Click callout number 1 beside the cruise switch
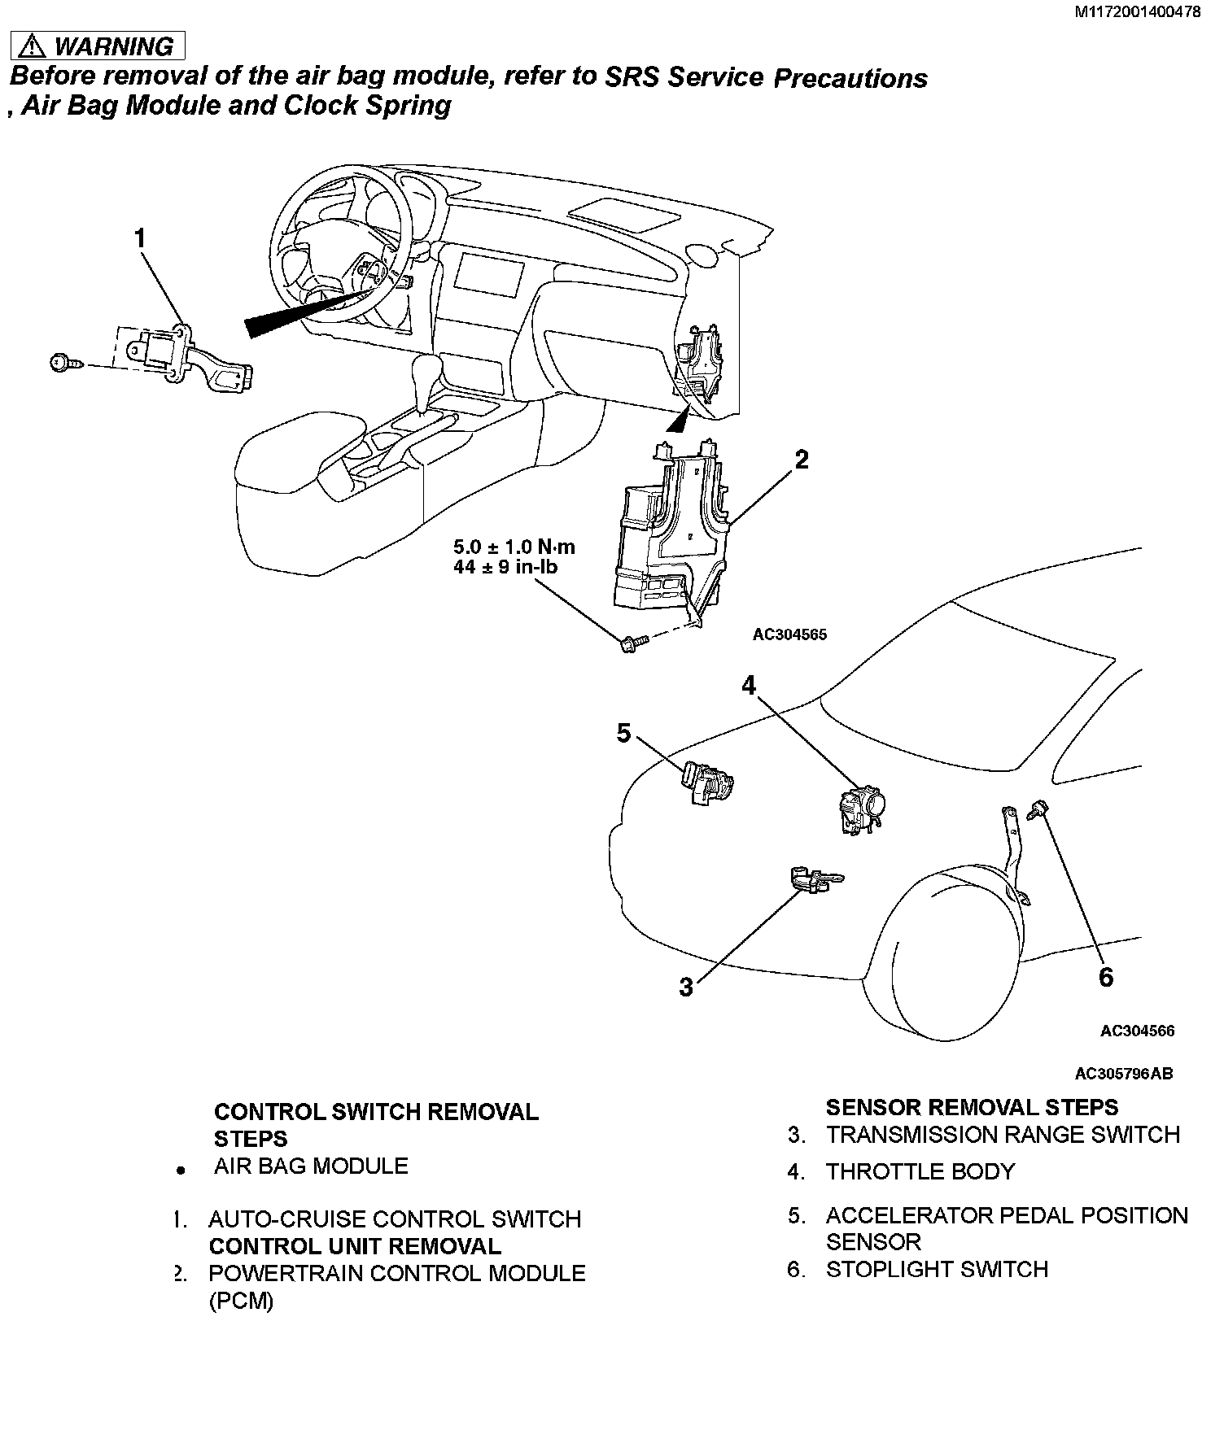click(141, 238)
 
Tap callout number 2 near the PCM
click(802, 460)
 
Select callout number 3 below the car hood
click(686, 987)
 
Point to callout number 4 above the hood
click(749, 686)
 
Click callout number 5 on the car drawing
click(623, 734)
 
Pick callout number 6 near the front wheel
click(1105, 977)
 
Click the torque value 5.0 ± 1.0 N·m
click(514, 546)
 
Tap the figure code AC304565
click(789, 634)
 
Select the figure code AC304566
click(1137, 1031)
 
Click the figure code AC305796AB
click(1124, 1074)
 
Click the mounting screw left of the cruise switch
click(64, 363)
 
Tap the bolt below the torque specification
click(631, 644)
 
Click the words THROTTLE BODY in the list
click(920, 1171)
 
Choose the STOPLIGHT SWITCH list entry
click(937, 1269)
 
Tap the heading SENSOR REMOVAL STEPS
click(972, 1107)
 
